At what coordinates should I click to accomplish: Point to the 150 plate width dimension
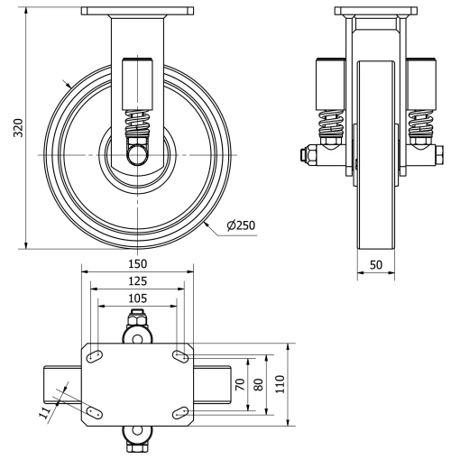click(x=136, y=263)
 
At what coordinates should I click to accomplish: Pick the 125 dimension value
click(x=136, y=281)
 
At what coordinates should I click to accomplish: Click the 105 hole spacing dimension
click(x=136, y=298)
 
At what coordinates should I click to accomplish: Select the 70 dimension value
click(x=239, y=383)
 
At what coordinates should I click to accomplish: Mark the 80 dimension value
click(x=258, y=383)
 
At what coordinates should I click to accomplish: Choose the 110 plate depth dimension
click(x=280, y=383)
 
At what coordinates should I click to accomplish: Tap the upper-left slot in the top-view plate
click(x=94, y=356)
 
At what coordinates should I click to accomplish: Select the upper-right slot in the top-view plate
click(x=179, y=356)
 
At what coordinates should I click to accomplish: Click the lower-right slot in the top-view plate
click(x=179, y=413)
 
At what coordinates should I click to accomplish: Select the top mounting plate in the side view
click(x=136, y=12)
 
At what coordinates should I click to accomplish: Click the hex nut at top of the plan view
click(x=136, y=318)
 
